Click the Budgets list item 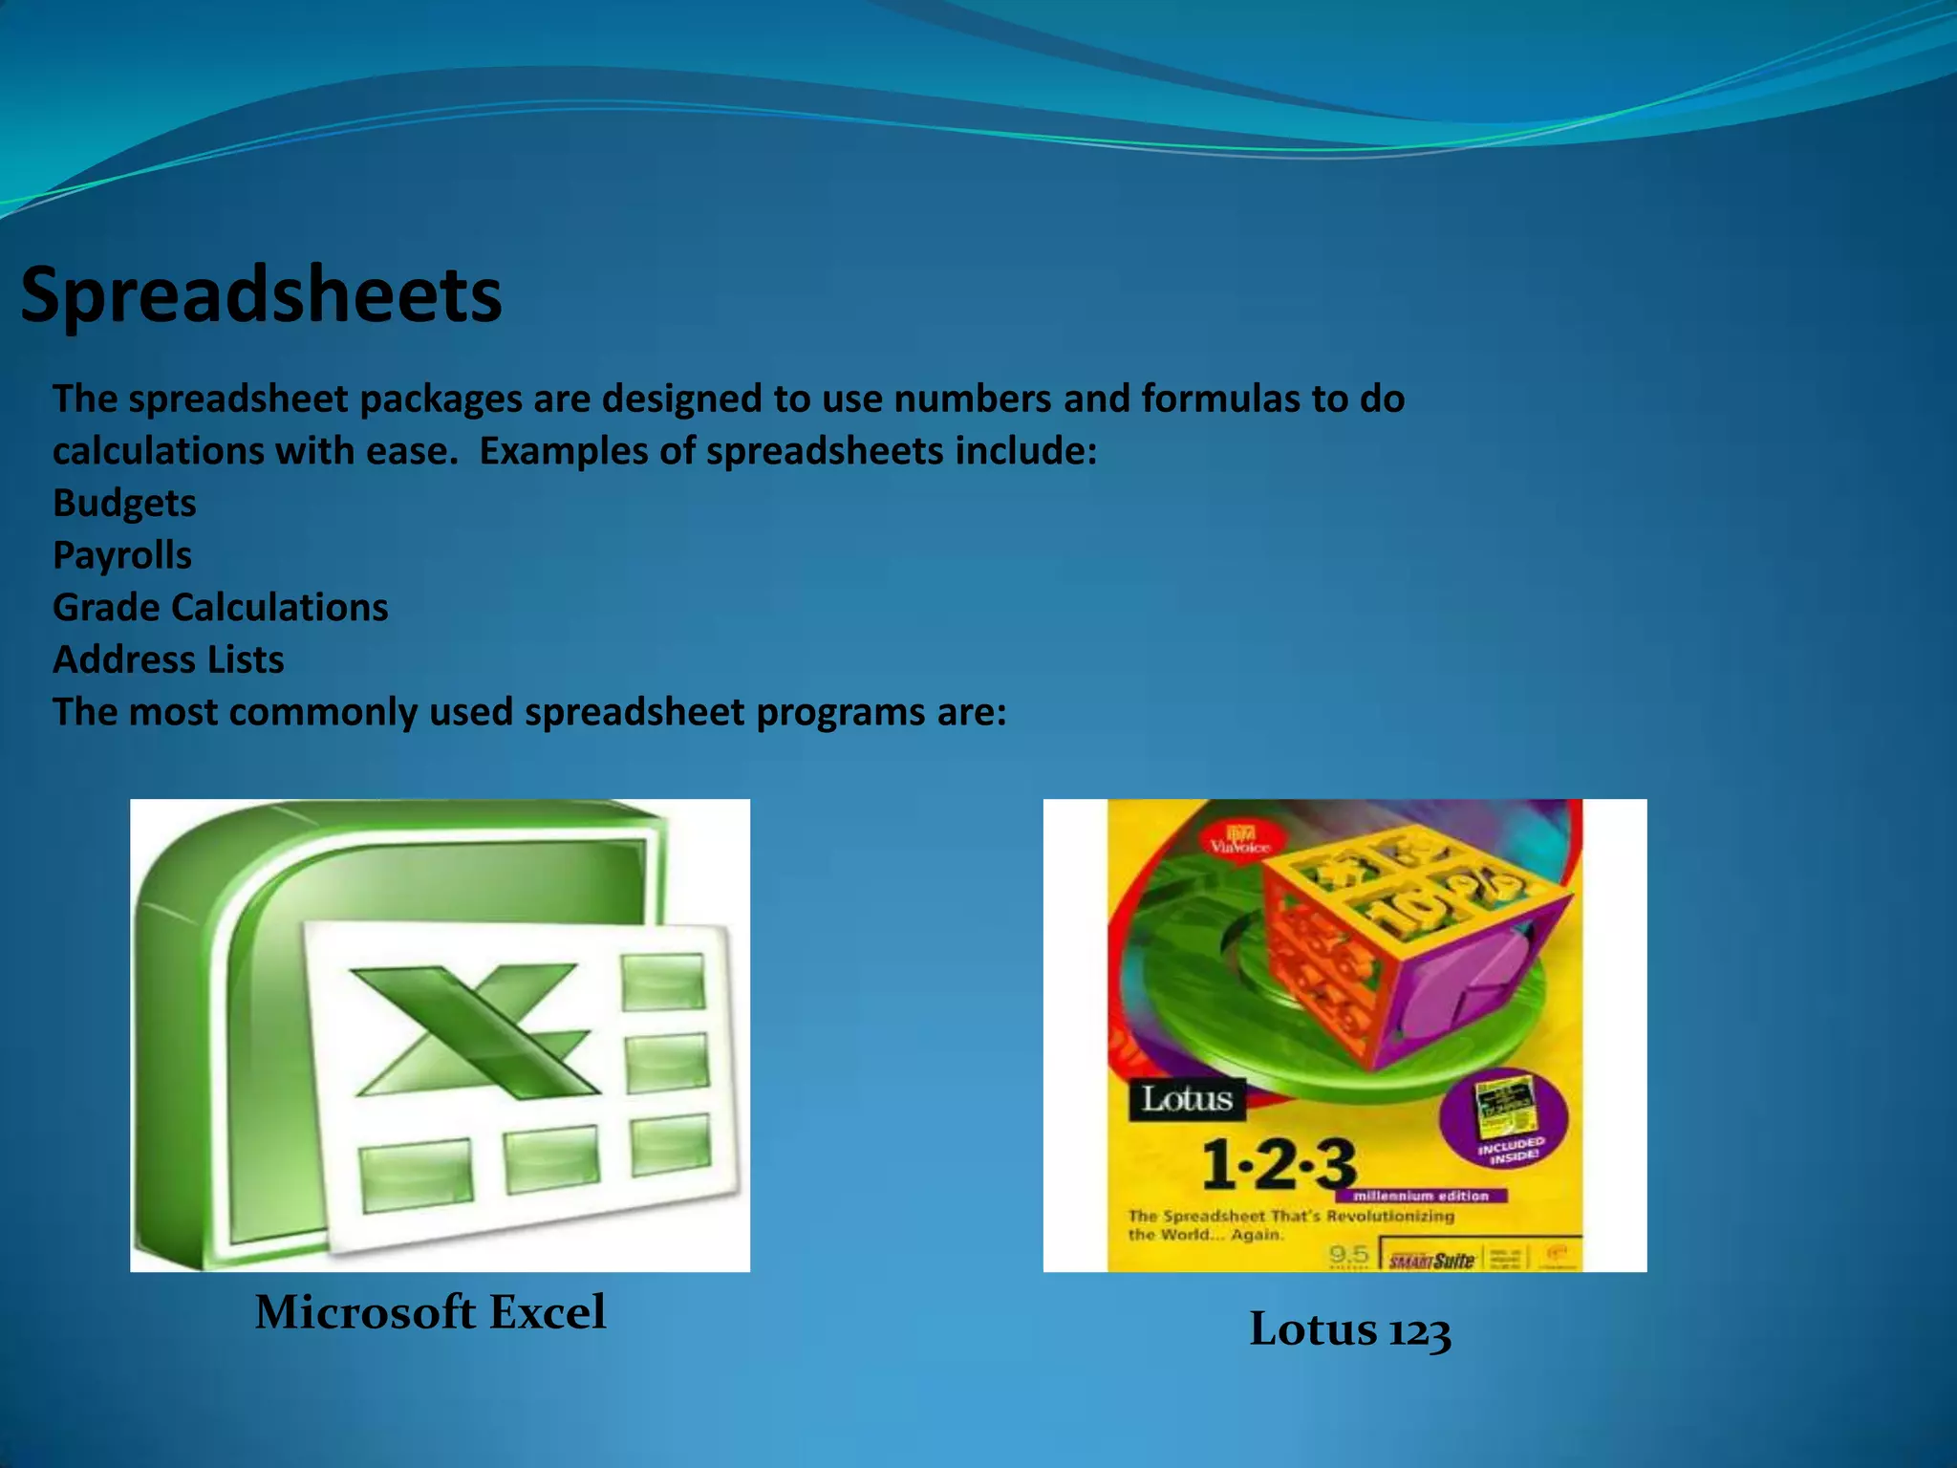pyautogui.click(x=124, y=503)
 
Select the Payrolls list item pyautogui.click(x=122, y=555)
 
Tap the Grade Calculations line pyautogui.click(x=220, y=608)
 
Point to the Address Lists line pyautogui.click(x=168, y=659)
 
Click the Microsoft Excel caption pyautogui.click(x=430, y=1311)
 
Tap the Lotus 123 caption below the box pyautogui.click(x=1349, y=1329)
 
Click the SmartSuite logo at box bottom pyautogui.click(x=1431, y=1261)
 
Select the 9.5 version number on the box pyautogui.click(x=1348, y=1254)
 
